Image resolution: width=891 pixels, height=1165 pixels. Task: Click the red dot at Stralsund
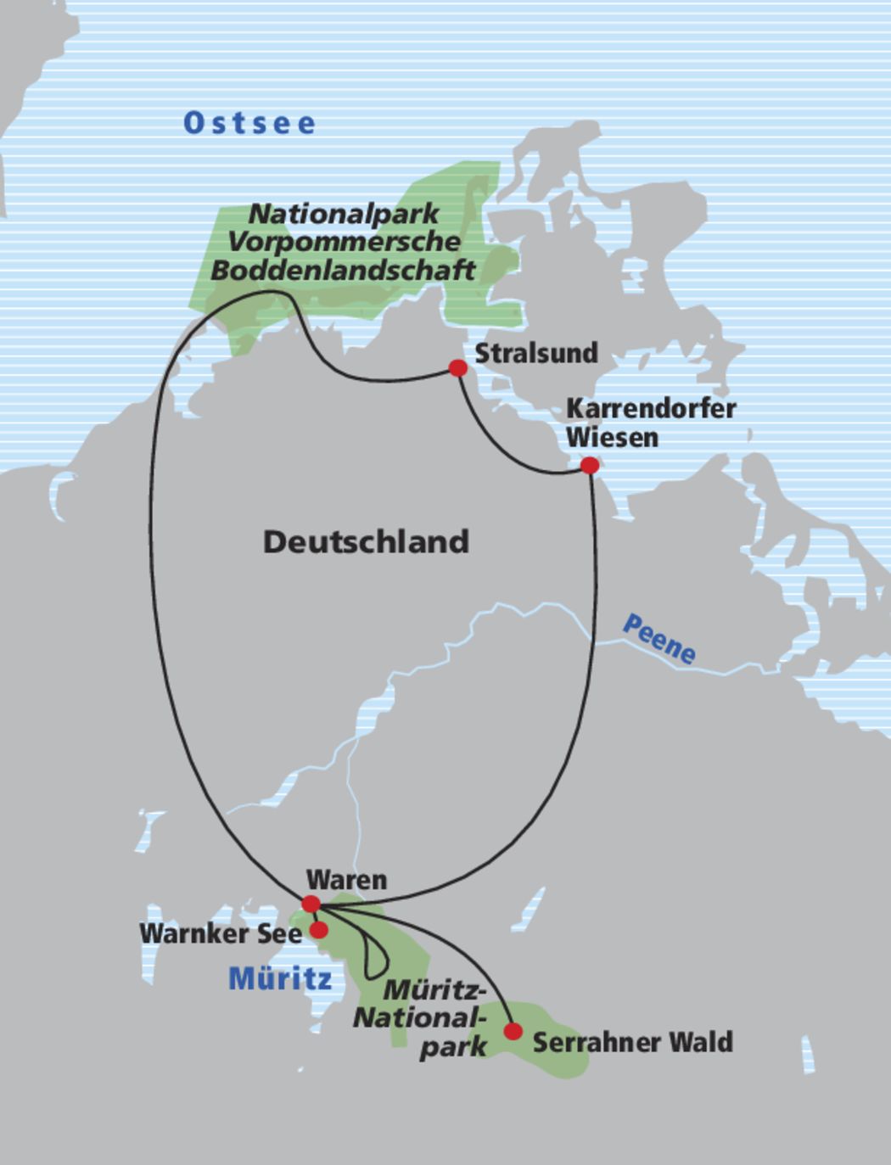tap(457, 367)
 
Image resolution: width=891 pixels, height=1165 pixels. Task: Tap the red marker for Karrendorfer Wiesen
tap(589, 465)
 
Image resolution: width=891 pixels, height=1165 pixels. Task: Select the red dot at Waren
tap(311, 904)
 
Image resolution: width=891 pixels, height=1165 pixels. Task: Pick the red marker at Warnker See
tap(318, 930)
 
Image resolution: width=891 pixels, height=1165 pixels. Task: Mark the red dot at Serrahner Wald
tap(513, 1031)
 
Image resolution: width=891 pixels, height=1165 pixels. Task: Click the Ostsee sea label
tap(249, 123)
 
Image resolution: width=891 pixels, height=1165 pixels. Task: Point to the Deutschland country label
tap(366, 541)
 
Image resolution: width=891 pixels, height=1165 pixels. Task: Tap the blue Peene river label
tap(659, 638)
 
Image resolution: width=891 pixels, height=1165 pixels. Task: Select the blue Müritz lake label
tap(280, 978)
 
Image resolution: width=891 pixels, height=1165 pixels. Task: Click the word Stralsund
tap(535, 353)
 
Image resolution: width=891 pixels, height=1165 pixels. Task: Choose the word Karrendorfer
tap(651, 408)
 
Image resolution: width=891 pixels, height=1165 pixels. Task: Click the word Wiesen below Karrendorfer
tap(612, 438)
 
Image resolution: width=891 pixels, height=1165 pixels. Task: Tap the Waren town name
tap(346, 880)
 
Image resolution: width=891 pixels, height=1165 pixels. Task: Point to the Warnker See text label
tap(221, 933)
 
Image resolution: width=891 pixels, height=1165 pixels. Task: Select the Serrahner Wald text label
tap(632, 1042)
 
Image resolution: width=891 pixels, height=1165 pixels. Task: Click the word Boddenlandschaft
tap(343, 270)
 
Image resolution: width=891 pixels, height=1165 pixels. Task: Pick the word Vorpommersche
tap(344, 241)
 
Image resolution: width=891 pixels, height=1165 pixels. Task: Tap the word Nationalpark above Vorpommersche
tap(344, 213)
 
